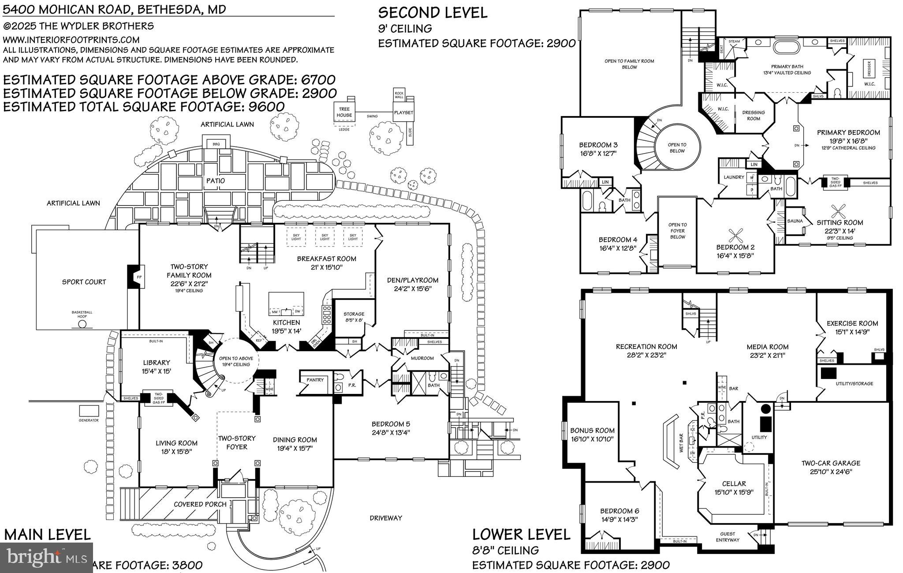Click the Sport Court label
pos(84,282)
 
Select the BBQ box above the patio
pos(216,144)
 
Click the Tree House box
pos(344,112)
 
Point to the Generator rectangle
pos(89,411)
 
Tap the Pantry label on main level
pos(315,380)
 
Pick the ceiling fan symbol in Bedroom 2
pos(736,234)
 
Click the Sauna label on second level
pos(795,221)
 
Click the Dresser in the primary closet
pos(869,69)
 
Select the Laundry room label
pos(734,177)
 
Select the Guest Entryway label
pos(728,537)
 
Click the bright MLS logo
pos(47,557)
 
